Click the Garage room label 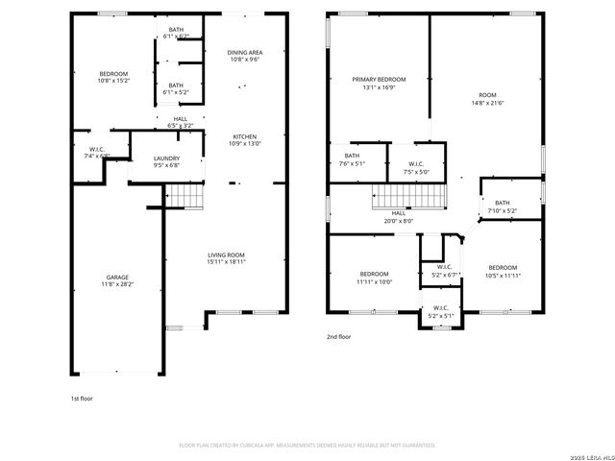click(120, 281)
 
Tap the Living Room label click(227, 257)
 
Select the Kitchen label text click(244, 140)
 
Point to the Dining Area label click(244, 55)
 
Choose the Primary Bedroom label click(378, 84)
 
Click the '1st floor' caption click(82, 398)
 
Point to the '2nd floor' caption click(338, 337)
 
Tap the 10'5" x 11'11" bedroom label click(502, 271)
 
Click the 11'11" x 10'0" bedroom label click(374, 278)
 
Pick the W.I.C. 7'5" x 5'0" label click(416, 167)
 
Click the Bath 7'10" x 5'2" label click(503, 206)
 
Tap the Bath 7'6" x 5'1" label click(352, 159)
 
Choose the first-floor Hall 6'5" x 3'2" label click(181, 122)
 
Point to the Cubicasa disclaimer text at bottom click(307, 445)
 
